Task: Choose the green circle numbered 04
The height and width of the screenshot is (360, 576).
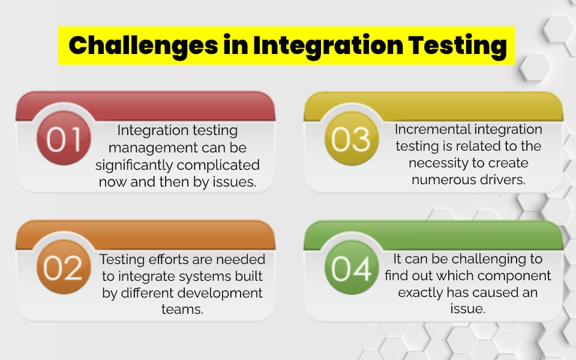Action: point(351,268)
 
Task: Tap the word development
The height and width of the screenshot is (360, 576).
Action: point(223,293)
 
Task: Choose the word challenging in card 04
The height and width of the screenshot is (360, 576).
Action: point(482,259)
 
